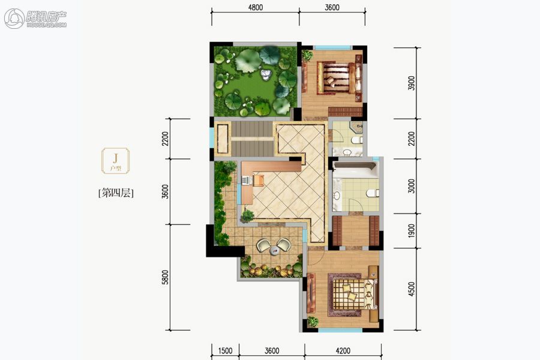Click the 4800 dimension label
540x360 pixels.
pos(255,7)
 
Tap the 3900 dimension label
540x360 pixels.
pos(411,83)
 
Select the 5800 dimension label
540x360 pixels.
pos(166,277)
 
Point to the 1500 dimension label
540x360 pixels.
pos(225,350)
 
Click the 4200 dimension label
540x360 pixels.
pos(343,350)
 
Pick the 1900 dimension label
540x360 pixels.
pos(411,230)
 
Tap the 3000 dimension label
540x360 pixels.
pos(411,186)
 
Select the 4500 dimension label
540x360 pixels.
pos(411,289)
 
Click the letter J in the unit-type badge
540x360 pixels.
pos(115,158)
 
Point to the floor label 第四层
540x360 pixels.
pos(116,193)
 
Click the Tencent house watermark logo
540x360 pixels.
pos(35,18)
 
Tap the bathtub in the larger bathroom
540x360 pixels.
pos(355,170)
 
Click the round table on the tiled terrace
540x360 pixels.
pos(274,250)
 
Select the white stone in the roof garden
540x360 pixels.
pos(265,75)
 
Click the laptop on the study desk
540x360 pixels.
pos(246,179)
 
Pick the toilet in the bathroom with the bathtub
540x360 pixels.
pos(372,193)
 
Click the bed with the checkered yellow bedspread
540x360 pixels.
pos(353,295)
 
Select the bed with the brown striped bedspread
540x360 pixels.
pos(339,77)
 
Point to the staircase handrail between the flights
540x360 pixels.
pos(253,139)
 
